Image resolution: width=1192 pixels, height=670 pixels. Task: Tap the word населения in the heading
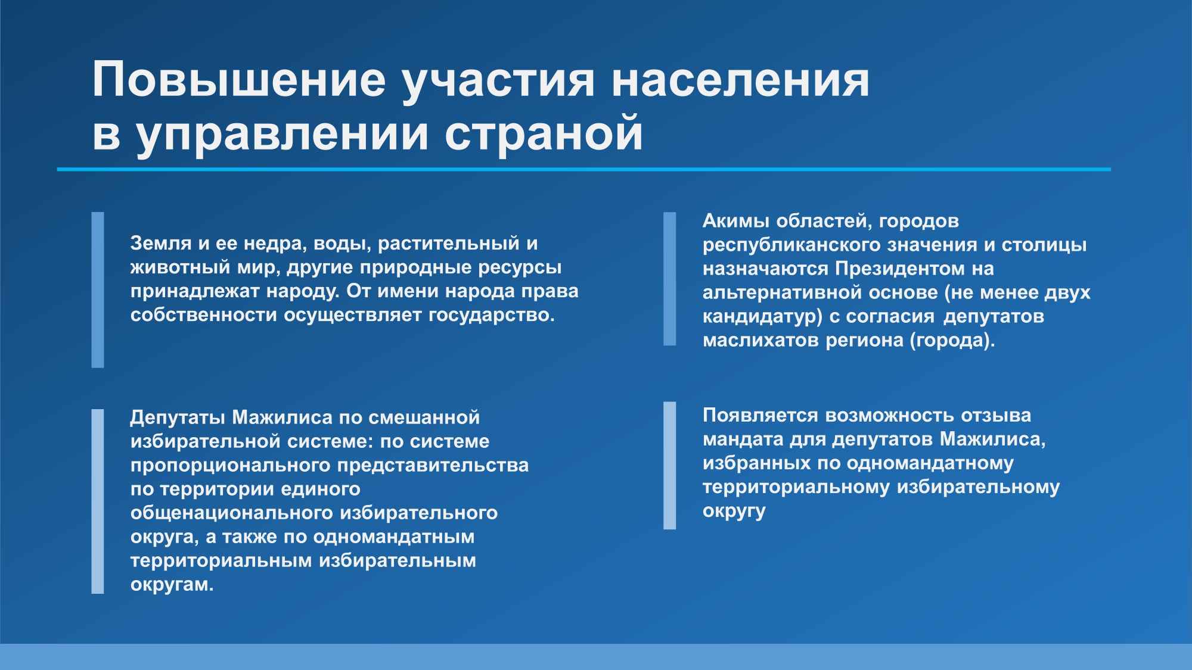740,79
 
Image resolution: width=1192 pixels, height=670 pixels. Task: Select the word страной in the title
544,133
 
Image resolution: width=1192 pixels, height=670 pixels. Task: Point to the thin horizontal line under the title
584,170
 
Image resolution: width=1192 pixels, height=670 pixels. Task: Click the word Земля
156,244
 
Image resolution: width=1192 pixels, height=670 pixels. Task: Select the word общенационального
231,513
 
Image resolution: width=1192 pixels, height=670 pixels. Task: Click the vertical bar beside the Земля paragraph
98,289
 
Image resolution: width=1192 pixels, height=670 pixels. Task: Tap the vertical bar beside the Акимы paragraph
670,279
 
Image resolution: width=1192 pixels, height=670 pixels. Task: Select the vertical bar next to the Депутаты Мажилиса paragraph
98,501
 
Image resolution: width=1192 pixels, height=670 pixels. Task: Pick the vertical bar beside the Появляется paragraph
670,465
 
